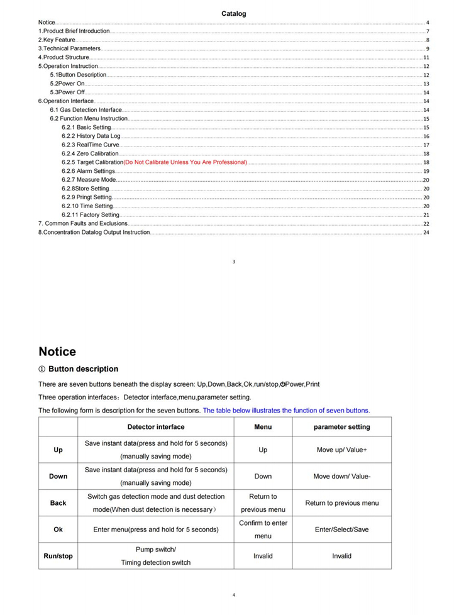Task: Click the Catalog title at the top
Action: [233, 13]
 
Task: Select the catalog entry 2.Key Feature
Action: [57, 40]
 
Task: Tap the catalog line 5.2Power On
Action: [67, 84]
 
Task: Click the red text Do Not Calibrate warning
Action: [185, 162]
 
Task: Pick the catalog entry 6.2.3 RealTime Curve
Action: [90, 145]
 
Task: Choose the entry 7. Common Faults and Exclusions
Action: [82, 223]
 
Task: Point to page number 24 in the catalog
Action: [426, 233]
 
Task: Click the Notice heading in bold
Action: [57, 352]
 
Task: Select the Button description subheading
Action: [83, 369]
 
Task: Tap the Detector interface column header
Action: [156, 427]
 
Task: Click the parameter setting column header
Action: [341, 427]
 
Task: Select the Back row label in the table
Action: [58, 503]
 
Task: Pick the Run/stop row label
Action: [58, 556]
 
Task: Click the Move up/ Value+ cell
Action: [341, 450]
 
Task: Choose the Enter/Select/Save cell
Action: [341, 529]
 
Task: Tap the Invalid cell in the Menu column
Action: [263, 556]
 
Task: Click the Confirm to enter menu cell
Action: [263, 529]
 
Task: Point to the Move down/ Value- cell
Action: [341, 477]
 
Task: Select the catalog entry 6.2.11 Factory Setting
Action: [91, 214]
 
